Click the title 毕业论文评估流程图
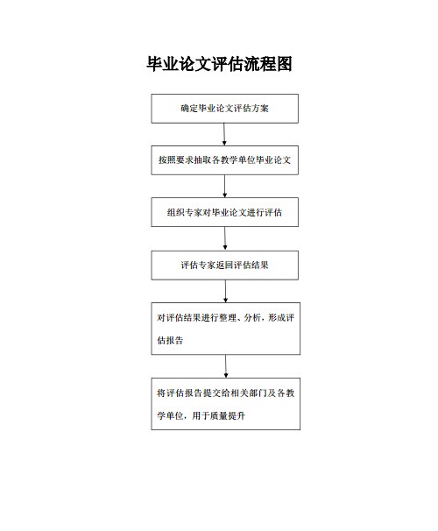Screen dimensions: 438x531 coord(219,64)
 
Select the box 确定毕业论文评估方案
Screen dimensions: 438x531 coord(225,109)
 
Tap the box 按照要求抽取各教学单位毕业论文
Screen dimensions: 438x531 coord(225,160)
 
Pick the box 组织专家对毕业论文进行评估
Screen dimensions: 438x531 coord(225,212)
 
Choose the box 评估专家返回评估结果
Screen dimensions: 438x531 coord(225,265)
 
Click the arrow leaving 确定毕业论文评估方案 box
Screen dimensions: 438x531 coord(224,134)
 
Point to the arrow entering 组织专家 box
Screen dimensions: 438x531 coord(225,187)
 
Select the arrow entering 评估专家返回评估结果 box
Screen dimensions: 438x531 coord(225,238)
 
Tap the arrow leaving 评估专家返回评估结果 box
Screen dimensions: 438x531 coord(225,291)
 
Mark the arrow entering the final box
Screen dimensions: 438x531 coord(226,366)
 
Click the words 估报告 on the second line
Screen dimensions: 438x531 coord(170,340)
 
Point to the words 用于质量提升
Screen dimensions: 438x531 coord(219,415)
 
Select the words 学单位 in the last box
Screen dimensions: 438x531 coord(170,415)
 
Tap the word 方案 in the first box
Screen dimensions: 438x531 coord(260,109)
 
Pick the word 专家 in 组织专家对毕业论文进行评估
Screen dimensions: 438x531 coord(194,212)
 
